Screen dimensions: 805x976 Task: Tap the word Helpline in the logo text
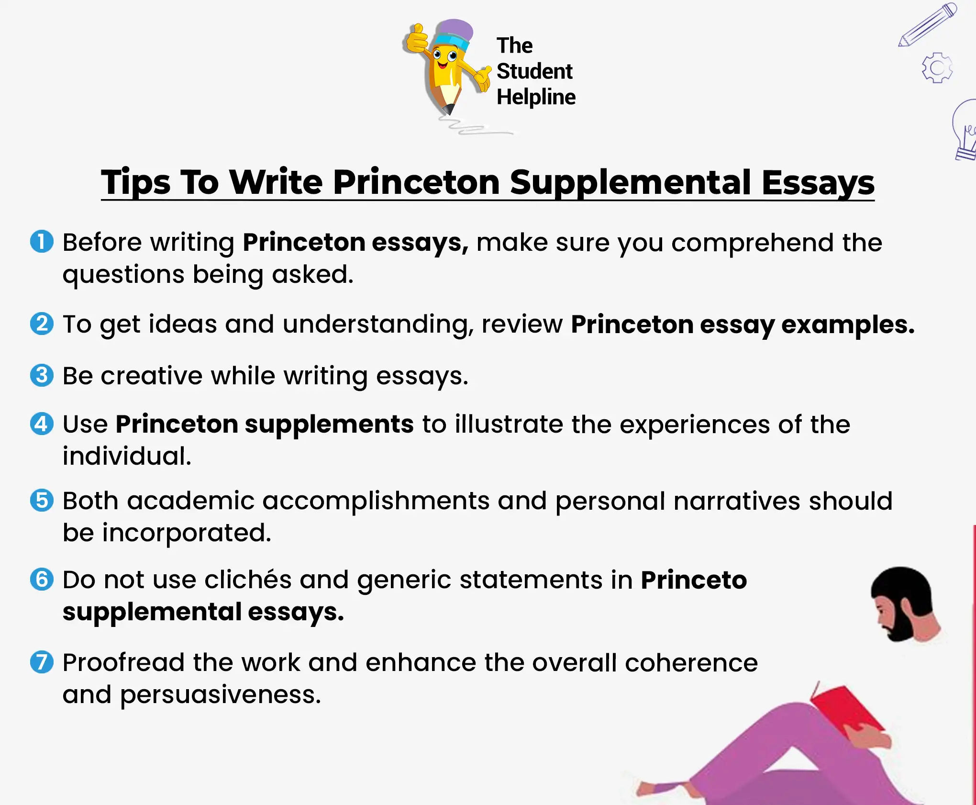536,97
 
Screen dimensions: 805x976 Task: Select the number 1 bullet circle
42,241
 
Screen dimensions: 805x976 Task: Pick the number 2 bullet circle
42,324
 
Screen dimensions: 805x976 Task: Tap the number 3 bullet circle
42,375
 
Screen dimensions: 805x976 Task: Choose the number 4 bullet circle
42,424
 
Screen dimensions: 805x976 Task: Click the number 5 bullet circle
42,500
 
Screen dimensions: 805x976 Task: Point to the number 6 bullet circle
42,579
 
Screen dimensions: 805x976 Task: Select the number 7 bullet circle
42,662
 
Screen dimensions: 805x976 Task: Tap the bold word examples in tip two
847,325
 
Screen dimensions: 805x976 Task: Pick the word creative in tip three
152,376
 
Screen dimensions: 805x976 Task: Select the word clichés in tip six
248,580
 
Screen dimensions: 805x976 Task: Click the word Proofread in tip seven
123,663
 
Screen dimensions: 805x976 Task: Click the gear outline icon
937,68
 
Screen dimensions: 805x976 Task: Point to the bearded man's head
902,603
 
